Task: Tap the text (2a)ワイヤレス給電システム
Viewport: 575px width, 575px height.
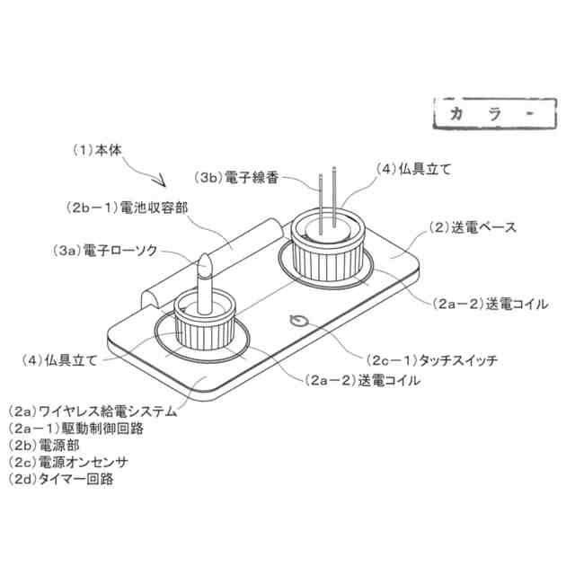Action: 91,412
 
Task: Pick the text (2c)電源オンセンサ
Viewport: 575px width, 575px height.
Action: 67,462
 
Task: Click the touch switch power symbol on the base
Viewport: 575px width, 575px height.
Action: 297,320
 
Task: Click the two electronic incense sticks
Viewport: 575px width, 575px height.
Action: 326,193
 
